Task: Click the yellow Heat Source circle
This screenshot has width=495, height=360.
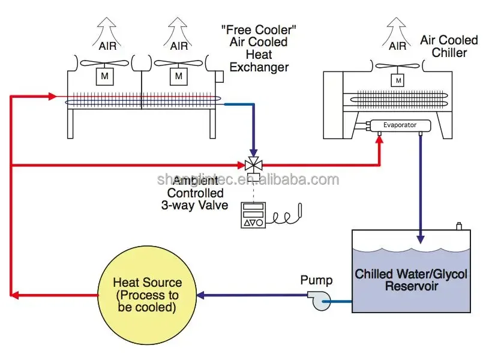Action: pyautogui.click(x=146, y=295)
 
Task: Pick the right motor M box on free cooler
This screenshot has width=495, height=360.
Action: pyautogui.click(x=178, y=76)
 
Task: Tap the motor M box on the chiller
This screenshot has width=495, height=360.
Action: pyautogui.click(x=397, y=80)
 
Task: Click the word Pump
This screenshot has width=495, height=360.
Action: pyautogui.click(x=316, y=280)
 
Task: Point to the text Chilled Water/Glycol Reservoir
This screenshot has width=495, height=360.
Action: pyautogui.click(x=411, y=280)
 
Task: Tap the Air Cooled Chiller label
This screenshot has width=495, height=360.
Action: pyautogui.click(x=449, y=46)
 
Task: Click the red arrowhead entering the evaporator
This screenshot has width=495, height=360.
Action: pyautogui.click(x=379, y=141)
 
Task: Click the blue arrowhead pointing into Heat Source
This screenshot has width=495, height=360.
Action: pyautogui.click(x=202, y=295)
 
